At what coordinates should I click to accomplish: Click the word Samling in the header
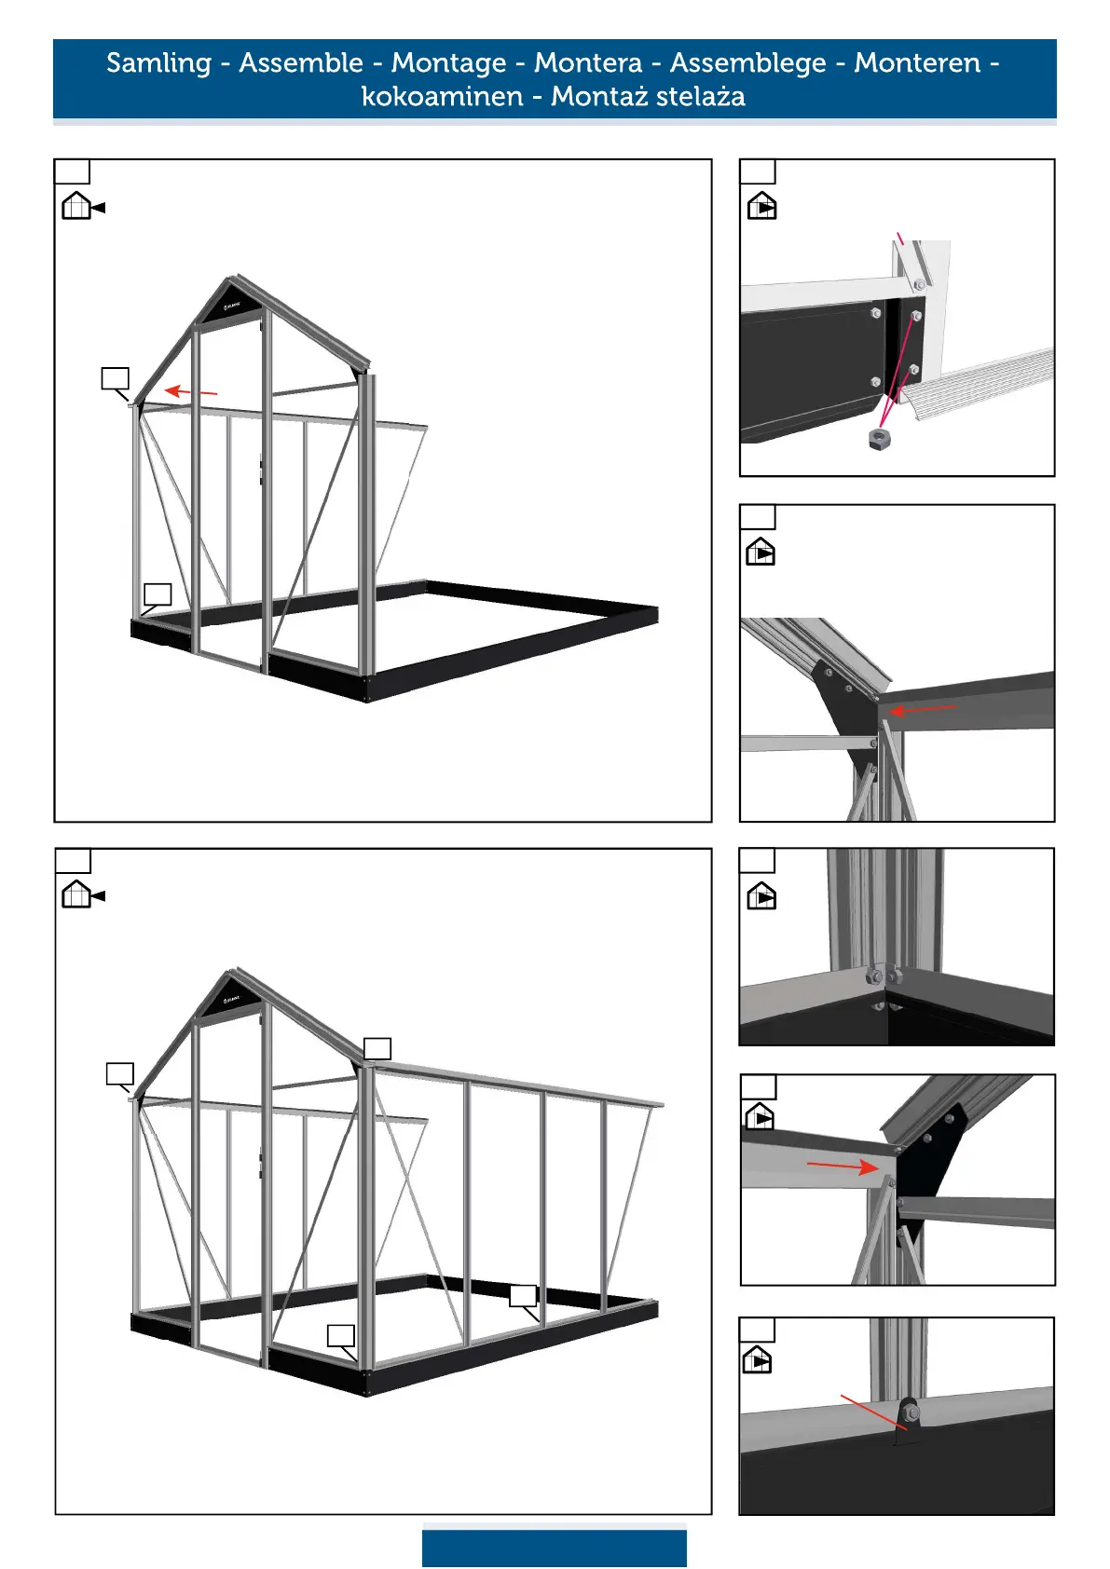(158, 63)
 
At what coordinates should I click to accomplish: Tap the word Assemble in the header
(301, 63)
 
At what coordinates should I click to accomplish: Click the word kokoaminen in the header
(442, 96)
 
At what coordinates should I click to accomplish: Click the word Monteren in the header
(917, 63)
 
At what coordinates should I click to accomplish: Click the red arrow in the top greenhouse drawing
(190, 391)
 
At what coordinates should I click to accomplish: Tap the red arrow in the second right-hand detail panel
(922, 710)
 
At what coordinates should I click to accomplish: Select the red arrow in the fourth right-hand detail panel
(843, 1166)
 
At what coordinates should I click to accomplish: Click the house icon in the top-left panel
(76, 205)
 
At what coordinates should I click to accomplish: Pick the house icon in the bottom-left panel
(76, 894)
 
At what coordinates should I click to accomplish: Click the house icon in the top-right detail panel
(761, 205)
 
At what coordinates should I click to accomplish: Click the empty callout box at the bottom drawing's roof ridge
(377, 1048)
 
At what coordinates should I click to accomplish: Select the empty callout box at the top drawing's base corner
(158, 594)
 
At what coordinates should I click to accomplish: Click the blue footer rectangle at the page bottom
(554, 1547)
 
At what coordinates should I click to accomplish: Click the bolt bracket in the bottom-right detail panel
(909, 1414)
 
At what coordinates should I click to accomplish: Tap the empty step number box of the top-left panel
(72, 171)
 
